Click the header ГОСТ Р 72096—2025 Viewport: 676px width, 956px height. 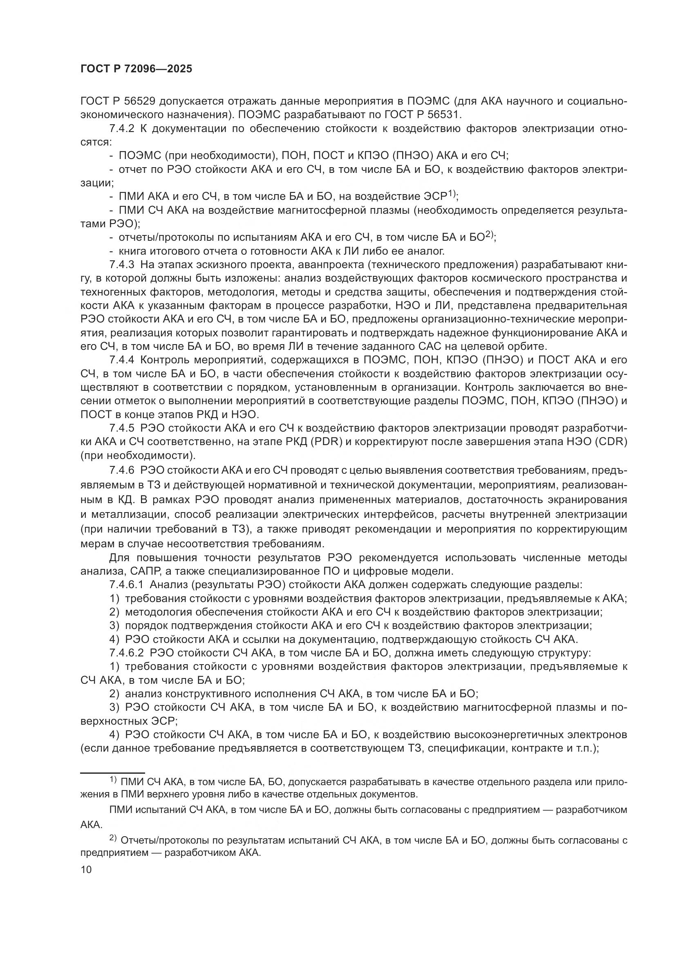click(x=136, y=69)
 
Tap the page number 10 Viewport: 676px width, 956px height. click(x=86, y=869)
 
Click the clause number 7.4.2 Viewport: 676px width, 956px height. click(x=122, y=129)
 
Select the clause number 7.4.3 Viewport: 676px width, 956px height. click(x=122, y=265)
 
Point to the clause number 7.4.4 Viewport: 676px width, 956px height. click(x=122, y=360)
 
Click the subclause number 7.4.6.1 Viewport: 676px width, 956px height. click(x=127, y=584)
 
